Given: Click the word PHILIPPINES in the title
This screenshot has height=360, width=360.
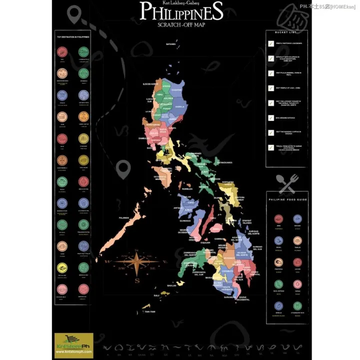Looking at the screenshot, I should tap(181, 11).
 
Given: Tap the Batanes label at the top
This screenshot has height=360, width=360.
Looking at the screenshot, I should tap(171, 44).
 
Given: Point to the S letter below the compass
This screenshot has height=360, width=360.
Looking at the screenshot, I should tap(136, 280).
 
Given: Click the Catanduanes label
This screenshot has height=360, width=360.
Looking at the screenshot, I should tap(224, 162).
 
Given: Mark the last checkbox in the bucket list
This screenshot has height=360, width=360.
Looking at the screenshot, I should tap(271, 147).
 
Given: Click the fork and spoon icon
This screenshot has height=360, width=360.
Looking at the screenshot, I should tap(287, 183).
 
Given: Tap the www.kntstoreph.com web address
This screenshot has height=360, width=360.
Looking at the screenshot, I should tap(73, 353).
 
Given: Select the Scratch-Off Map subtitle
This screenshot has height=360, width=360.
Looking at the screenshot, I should tap(181, 24).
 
